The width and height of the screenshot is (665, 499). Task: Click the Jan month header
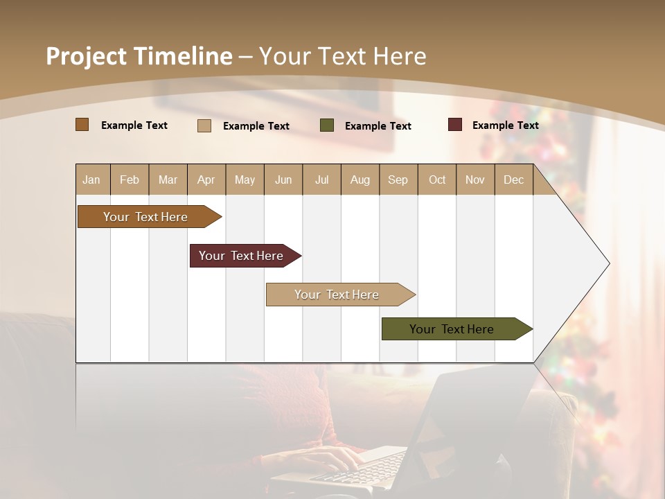coord(91,180)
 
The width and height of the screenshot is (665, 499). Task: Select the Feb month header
coord(130,180)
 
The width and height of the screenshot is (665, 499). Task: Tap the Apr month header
coord(206,180)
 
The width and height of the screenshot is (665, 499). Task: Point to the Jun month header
coord(283,180)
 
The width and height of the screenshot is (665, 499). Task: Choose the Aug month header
coord(360,180)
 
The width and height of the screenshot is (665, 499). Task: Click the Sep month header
coord(398,180)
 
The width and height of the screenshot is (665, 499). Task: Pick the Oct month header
coord(437,180)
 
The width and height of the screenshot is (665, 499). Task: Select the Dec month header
coord(513,180)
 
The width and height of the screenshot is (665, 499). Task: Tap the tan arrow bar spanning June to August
coord(337,295)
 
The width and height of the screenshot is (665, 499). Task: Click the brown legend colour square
coord(82,125)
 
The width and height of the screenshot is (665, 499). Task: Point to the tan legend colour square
coord(204,125)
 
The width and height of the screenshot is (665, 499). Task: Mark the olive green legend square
coord(327,125)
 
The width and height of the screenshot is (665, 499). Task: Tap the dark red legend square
coord(454,125)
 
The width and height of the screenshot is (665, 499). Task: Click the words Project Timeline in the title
coord(139,56)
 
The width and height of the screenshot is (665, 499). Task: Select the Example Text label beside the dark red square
coord(505,125)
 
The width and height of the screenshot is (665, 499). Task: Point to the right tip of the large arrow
coord(608,263)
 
